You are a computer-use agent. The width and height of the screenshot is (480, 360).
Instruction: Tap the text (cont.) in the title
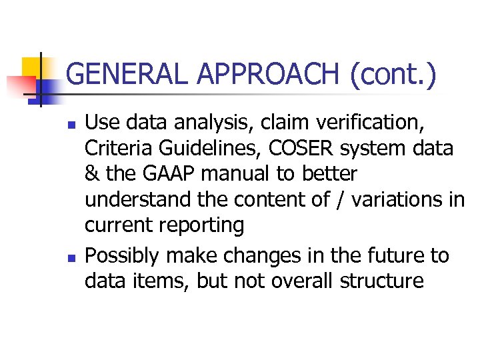[x=393, y=75]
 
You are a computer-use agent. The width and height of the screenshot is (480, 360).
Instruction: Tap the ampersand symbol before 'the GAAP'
[x=93, y=173]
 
